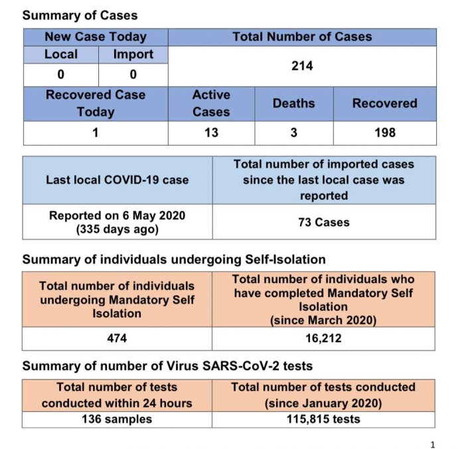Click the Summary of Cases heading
click(x=80, y=15)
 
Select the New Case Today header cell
click(x=96, y=37)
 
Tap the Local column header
click(x=61, y=54)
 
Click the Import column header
click(x=133, y=54)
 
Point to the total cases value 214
click(x=302, y=66)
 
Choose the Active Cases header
click(x=211, y=104)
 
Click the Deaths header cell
click(x=293, y=104)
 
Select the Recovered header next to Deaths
click(x=384, y=104)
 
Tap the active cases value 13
click(x=211, y=133)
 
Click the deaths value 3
click(x=293, y=133)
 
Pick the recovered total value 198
click(x=384, y=133)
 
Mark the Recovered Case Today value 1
click(x=96, y=133)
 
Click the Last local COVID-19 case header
click(x=117, y=180)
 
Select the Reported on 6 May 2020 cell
click(x=117, y=222)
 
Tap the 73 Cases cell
click(x=324, y=222)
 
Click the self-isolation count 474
click(x=117, y=339)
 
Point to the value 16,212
click(x=324, y=339)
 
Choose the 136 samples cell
click(x=117, y=419)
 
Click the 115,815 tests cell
click(x=324, y=419)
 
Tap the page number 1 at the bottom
click(x=432, y=444)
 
